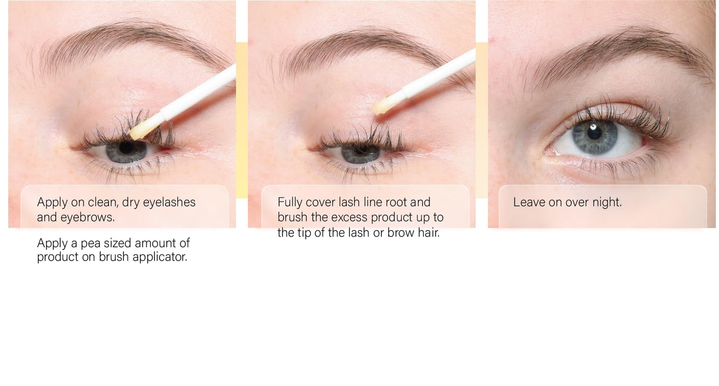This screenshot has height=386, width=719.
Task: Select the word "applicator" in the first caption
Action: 160,257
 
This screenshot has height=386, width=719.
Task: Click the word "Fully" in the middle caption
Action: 290,202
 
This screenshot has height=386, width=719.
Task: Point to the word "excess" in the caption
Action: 349,217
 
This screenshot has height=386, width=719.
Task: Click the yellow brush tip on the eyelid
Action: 382,106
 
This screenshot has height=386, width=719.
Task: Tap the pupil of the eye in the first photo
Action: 126,148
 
